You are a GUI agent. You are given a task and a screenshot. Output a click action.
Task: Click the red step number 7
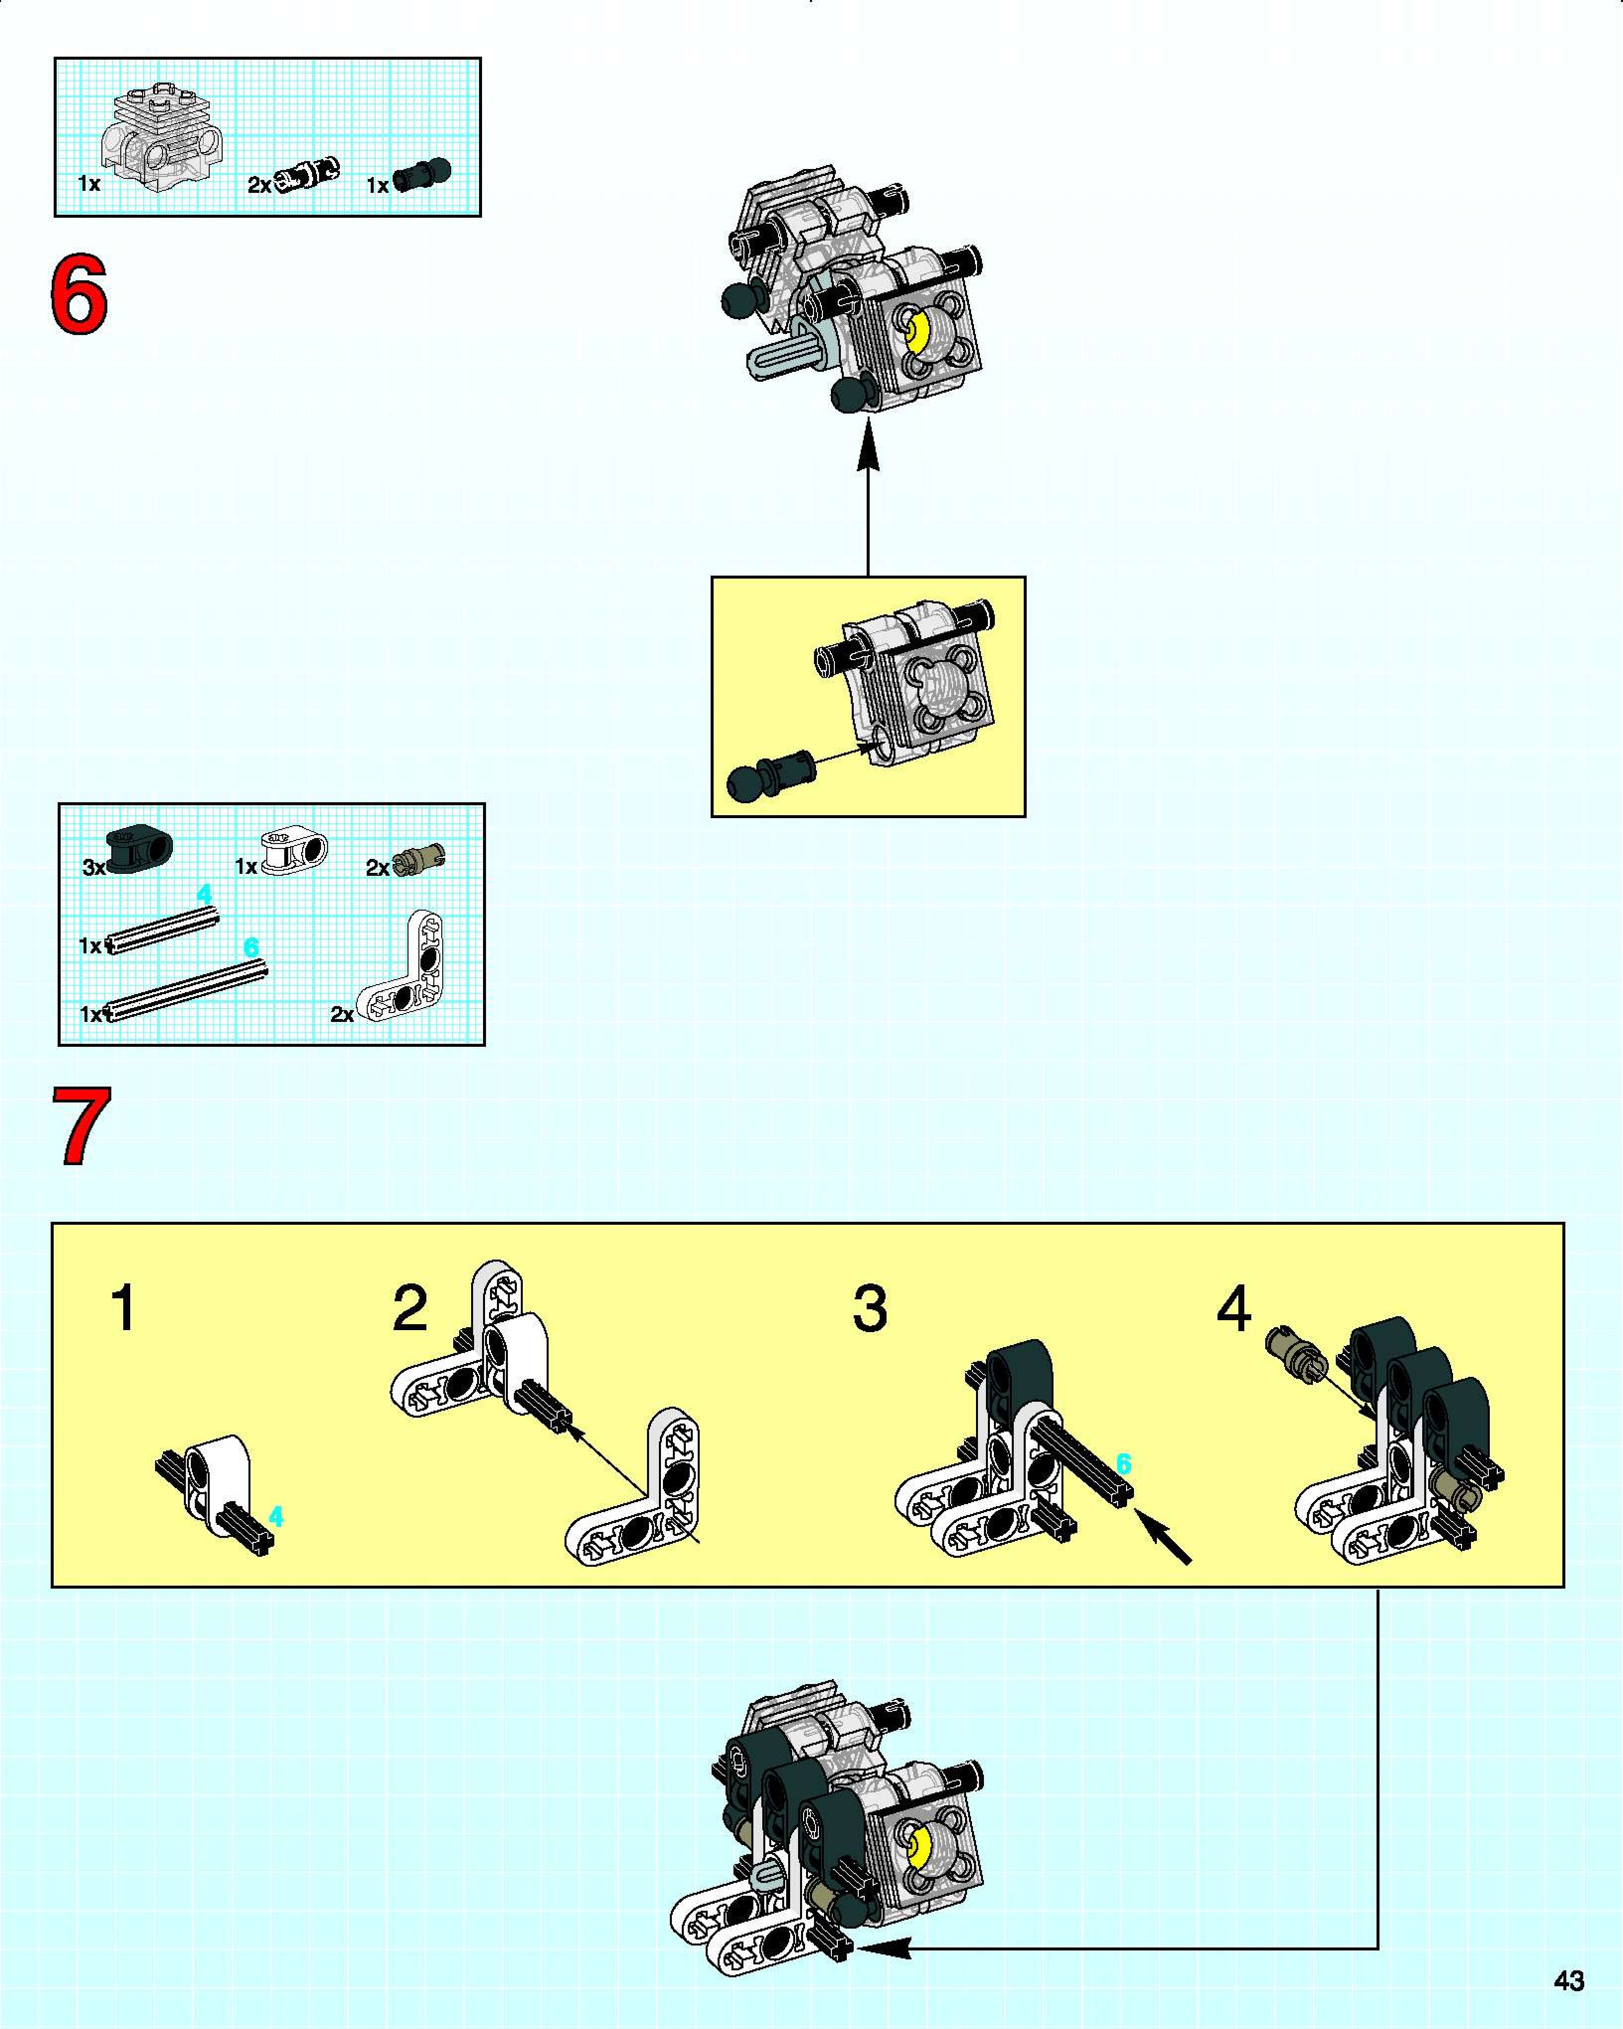pyautogui.click(x=82, y=1126)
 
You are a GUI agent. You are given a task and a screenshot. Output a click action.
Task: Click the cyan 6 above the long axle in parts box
pyautogui.click(x=251, y=947)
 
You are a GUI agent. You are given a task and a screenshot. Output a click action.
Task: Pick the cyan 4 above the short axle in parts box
pyautogui.click(x=204, y=894)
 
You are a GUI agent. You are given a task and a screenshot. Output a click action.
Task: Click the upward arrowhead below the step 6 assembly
pyautogui.click(x=868, y=443)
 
